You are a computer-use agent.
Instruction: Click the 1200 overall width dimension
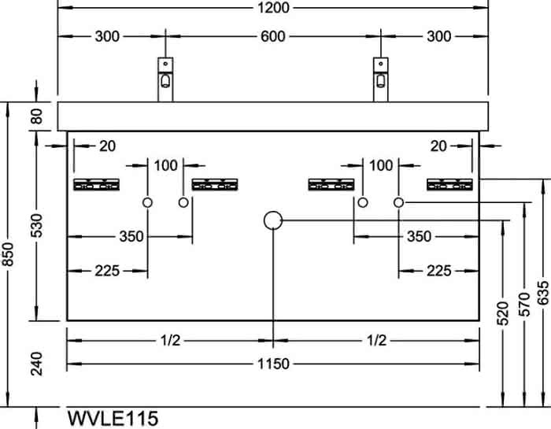(273, 7)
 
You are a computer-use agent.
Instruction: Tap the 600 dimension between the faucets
(272, 36)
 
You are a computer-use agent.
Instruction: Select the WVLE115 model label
(113, 419)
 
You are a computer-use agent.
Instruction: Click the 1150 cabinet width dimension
(273, 364)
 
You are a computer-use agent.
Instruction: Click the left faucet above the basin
(165, 80)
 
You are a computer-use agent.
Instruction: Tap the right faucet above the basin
(380, 80)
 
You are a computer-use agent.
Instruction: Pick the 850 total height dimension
(8, 254)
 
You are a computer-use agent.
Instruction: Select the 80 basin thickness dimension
(36, 116)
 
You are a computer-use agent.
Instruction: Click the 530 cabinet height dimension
(36, 226)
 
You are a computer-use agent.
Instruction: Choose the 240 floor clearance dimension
(36, 364)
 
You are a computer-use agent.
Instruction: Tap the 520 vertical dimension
(503, 313)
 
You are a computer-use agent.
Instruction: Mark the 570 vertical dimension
(524, 305)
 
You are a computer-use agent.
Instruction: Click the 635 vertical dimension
(543, 292)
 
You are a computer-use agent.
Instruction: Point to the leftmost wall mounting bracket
(96, 184)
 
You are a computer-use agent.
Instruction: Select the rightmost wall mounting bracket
(449, 184)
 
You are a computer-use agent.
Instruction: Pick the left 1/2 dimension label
(171, 340)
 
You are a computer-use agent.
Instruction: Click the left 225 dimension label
(107, 271)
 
